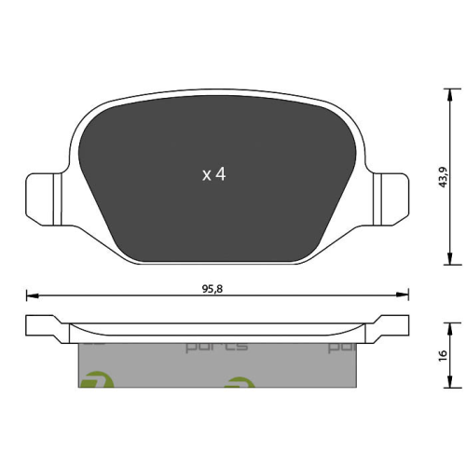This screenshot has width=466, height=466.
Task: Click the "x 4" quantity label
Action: click(214, 173)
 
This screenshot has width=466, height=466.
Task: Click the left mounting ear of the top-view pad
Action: click(43, 197)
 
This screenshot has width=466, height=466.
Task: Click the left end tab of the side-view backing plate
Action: click(41, 326)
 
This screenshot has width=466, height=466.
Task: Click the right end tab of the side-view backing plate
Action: click(391, 326)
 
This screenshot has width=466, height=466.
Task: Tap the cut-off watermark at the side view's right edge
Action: click(343, 347)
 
